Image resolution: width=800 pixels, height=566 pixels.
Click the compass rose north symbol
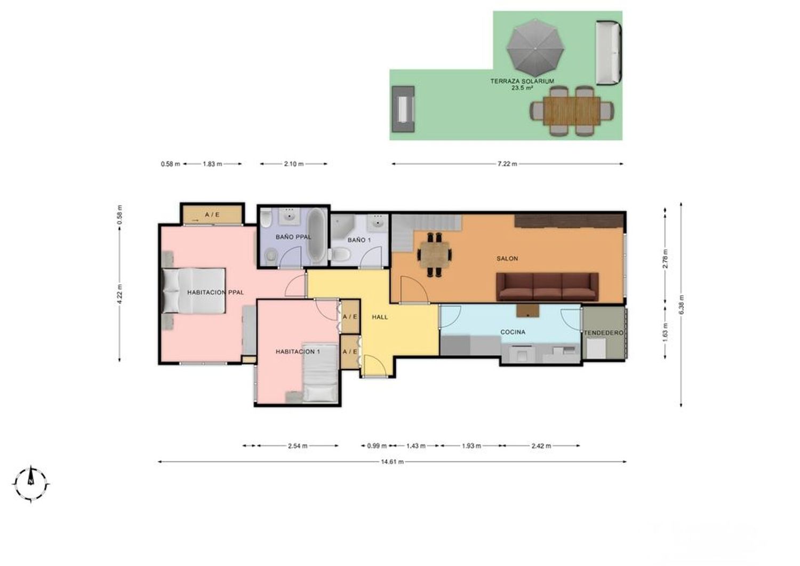(31, 484)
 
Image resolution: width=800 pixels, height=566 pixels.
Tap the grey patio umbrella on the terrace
(535, 48)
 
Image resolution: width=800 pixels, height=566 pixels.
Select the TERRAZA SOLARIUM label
(522, 81)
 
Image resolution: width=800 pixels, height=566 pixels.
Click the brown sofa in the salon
(547, 286)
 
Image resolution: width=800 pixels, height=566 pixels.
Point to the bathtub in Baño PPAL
(316, 236)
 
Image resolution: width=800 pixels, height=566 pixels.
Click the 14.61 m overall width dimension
(392, 461)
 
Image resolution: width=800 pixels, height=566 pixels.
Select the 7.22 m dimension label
(507, 164)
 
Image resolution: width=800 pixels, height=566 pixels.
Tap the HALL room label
(380, 317)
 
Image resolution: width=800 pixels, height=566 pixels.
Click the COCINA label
(513, 332)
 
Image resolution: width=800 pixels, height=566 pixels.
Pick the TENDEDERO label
(604, 333)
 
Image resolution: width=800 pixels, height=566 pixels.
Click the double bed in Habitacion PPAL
(194, 291)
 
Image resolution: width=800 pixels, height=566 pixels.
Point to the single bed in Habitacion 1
(320, 373)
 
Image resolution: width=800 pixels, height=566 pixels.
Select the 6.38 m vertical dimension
(682, 305)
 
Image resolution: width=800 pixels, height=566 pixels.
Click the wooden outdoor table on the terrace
(572, 111)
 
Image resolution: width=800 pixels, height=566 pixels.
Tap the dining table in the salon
(435, 254)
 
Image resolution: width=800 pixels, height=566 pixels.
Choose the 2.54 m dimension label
(298, 445)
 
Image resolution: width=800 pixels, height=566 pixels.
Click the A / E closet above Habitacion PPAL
(212, 214)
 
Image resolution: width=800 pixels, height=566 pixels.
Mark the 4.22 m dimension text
(119, 294)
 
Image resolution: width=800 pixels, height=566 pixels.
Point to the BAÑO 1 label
(359, 240)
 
